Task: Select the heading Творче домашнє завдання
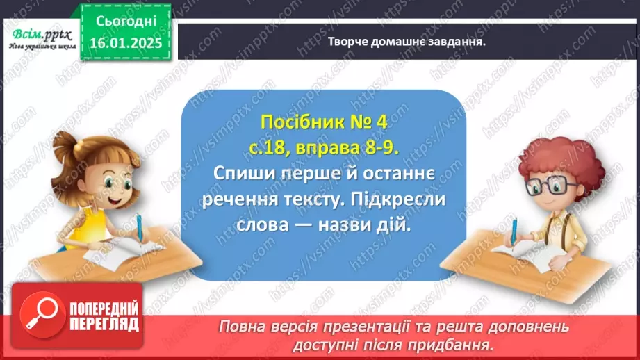(x=406, y=41)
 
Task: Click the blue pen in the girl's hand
(x=140, y=229)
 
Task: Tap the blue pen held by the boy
(x=515, y=233)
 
